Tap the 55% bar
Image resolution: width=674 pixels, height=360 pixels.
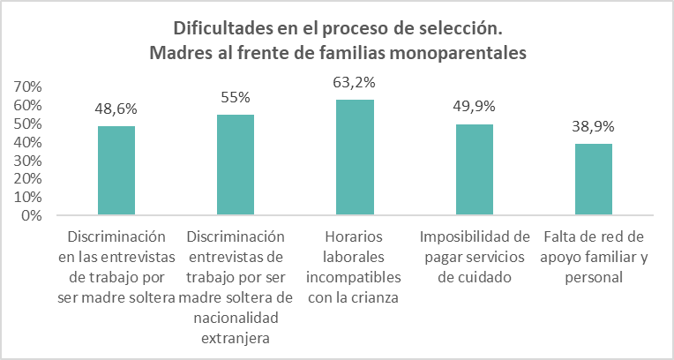coord(236,165)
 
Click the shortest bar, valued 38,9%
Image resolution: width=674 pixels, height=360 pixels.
coord(594,179)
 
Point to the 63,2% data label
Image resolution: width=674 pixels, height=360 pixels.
coord(355,84)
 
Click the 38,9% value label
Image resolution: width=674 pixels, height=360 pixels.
coord(594,127)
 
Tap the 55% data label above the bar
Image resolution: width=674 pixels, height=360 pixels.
coord(236,98)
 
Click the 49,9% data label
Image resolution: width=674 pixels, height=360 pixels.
coord(475,107)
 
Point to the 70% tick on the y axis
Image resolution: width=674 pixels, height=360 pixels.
coord(27,86)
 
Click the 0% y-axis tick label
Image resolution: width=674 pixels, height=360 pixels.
coord(31,215)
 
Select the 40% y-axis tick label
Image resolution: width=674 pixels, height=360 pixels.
coord(27,142)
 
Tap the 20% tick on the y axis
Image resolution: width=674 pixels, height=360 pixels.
coord(27,178)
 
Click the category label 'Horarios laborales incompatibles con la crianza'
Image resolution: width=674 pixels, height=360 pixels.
coord(355,266)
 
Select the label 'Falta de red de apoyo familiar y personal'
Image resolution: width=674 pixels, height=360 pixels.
coord(594,257)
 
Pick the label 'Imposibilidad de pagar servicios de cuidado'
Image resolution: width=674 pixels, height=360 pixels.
coord(475,257)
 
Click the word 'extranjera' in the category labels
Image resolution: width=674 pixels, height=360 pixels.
coord(236,337)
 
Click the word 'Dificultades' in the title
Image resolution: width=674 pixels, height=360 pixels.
coord(221,27)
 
